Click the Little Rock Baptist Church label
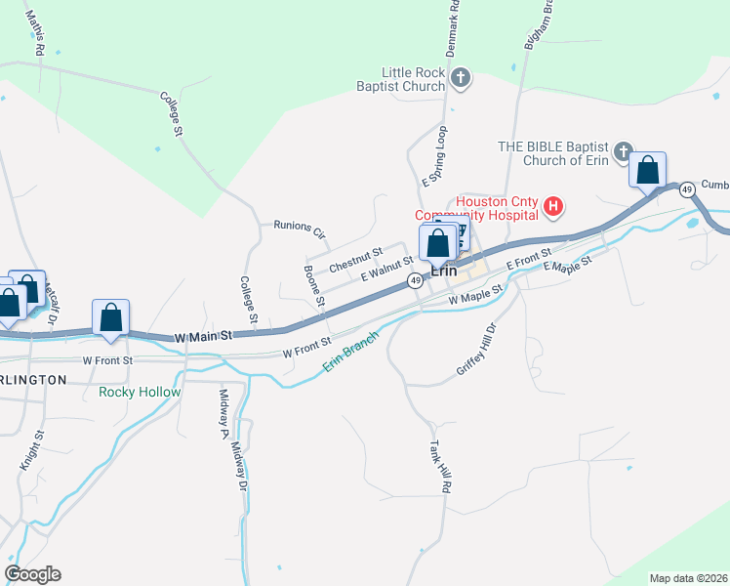[x=413, y=79]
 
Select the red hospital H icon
[x=553, y=206]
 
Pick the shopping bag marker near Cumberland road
[x=648, y=171]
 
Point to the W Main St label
[x=204, y=336]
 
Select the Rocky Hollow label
[x=140, y=393]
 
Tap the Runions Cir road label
[x=299, y=229]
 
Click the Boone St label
[x=313, y=285]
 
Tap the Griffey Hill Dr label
[x=477, y=350]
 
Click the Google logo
[x=32, y=574]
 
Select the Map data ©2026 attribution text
[x=688, y=578]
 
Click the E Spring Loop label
[x=434, y=156]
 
